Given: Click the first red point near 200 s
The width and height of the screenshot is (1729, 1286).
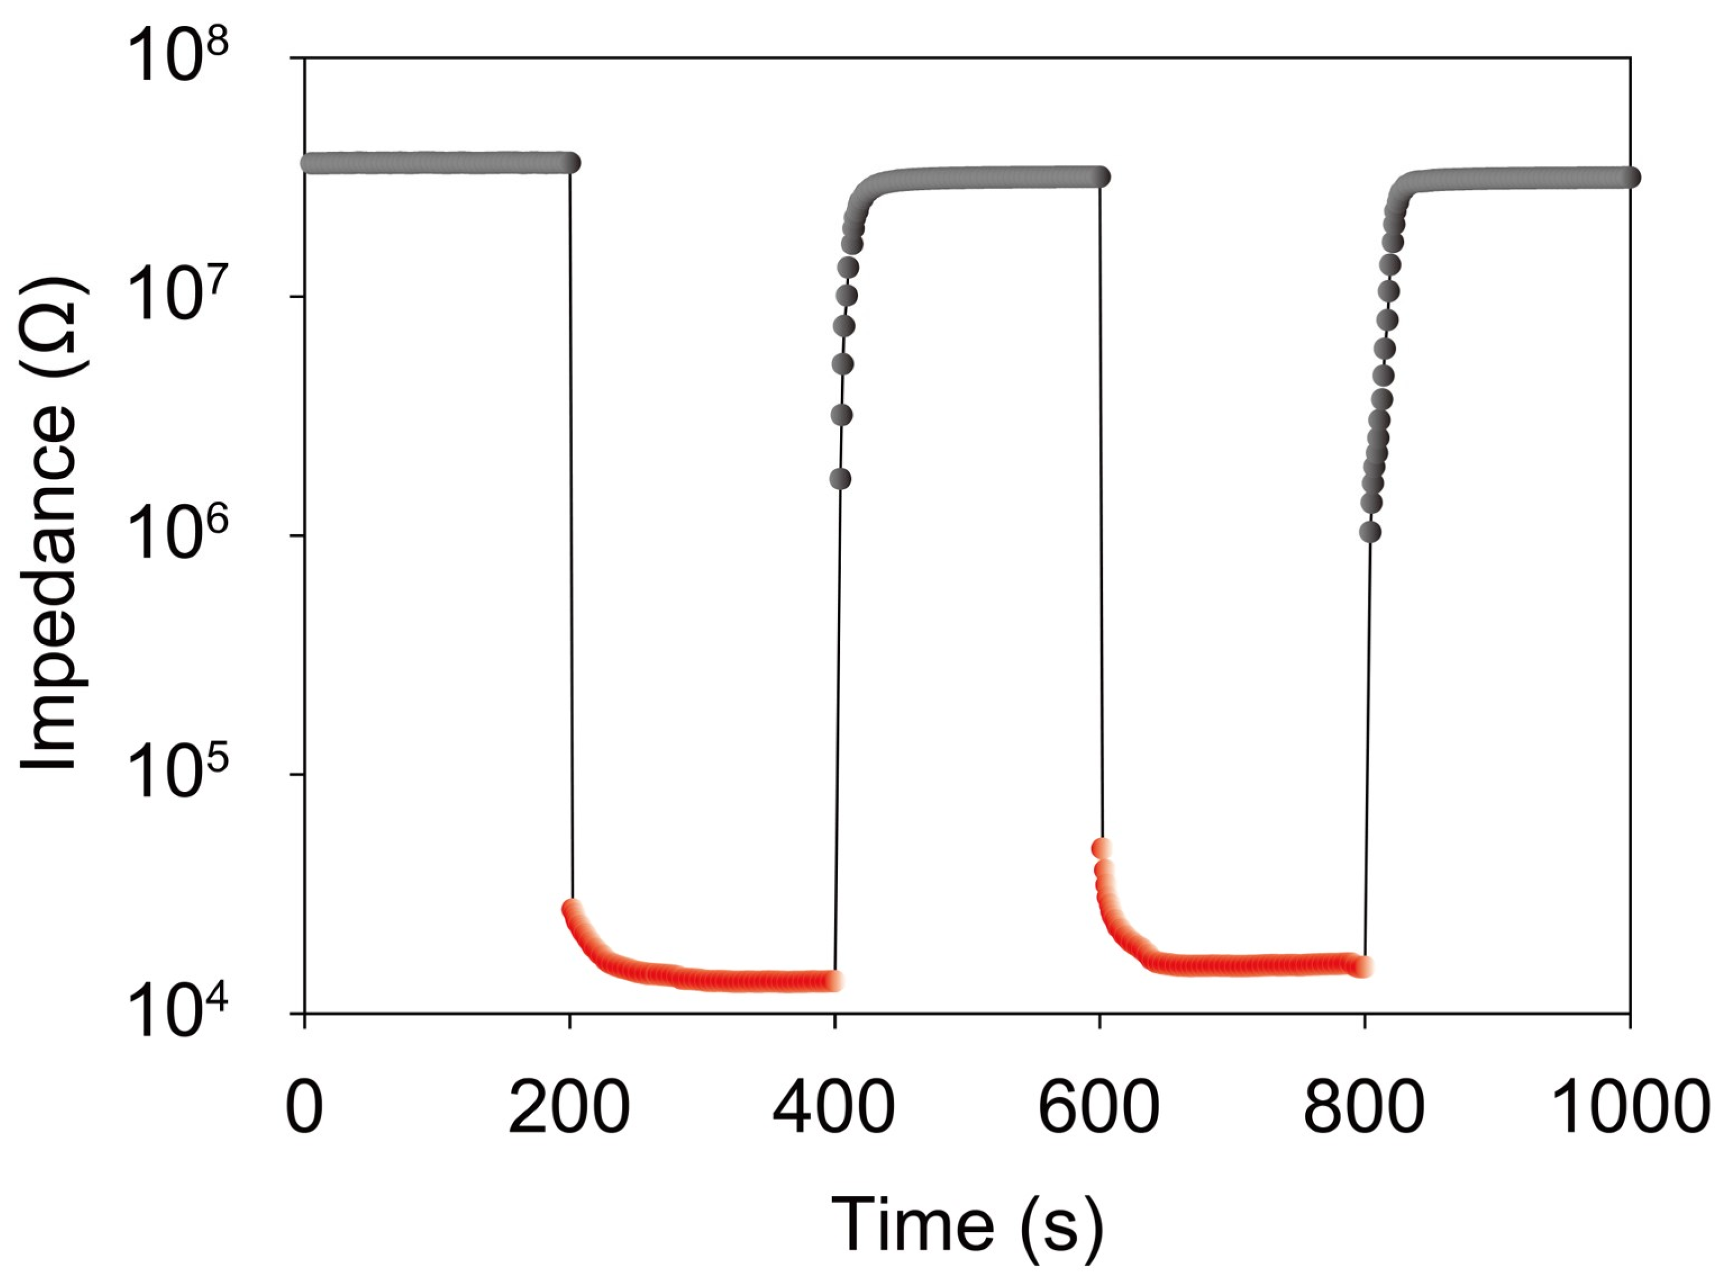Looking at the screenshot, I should click(x=572, y=909).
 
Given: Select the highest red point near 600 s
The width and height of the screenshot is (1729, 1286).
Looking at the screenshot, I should click(x=1101, y=848).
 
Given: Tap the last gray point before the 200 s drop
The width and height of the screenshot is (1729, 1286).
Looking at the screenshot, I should click(x=571, y=163).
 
